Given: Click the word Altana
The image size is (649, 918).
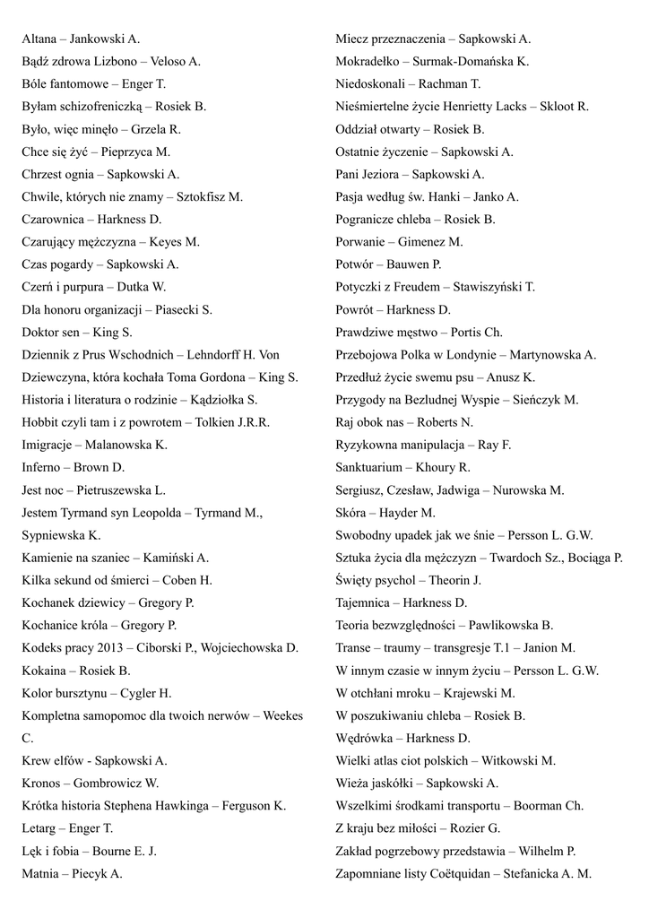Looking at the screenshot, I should [x=40, y=39].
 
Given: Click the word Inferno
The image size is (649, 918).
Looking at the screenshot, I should [x=41, y=467].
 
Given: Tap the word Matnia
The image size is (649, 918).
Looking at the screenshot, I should [x=40, y=873].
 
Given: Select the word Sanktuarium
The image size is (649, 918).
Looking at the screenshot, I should [x=369, y=467].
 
